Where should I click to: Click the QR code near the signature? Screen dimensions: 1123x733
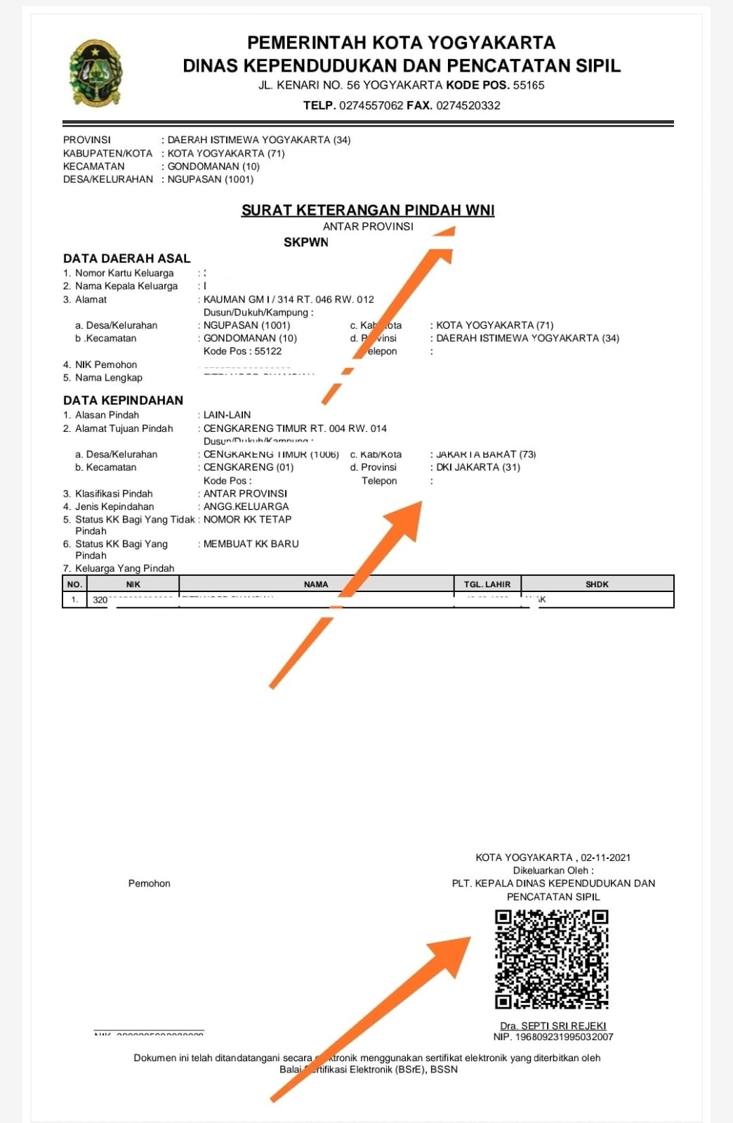(551, 959)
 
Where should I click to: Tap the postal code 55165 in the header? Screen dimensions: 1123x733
(529, 86)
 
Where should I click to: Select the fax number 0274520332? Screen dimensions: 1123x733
(468, 106)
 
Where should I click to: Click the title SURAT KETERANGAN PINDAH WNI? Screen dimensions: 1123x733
(368, 210)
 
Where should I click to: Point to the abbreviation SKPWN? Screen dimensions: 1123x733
(306, 242)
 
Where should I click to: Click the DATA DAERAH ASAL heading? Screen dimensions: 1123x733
(127, 258)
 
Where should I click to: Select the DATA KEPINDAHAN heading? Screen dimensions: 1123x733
(123, 400)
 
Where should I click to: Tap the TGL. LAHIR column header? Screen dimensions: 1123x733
(487, 584)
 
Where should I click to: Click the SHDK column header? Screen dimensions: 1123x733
(597, 584)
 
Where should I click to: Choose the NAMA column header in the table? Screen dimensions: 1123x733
(316, 584)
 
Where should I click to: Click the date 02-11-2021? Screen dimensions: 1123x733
(606, 858)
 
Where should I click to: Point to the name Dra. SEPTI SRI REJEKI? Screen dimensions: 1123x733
(553, 1026)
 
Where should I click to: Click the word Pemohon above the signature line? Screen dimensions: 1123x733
(149, 884)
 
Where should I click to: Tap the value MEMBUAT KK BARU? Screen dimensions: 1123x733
(251, 544)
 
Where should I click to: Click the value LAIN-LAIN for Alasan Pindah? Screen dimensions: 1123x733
(227, 415)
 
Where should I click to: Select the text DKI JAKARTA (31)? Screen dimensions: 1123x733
(478, 468)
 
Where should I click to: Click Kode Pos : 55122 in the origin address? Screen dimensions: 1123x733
(242, 351)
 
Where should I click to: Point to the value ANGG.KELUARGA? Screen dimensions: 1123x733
(246, 506)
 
